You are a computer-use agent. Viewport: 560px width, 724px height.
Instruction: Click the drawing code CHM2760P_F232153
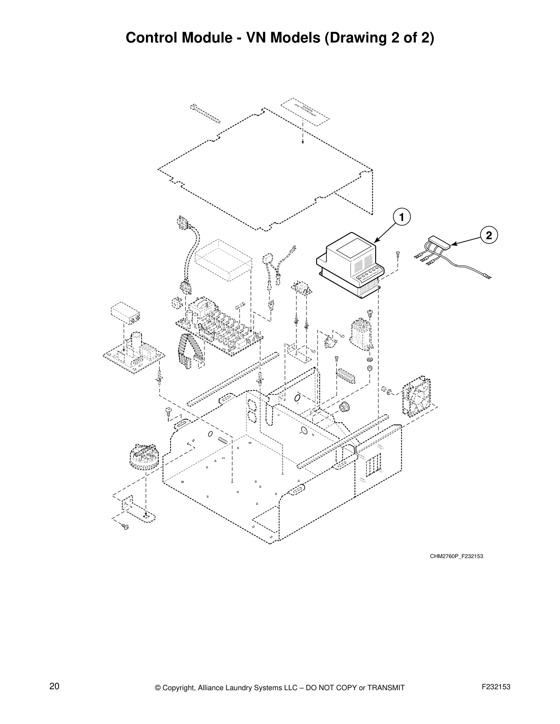click(456, 556)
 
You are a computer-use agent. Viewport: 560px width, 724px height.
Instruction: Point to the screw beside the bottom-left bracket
click(125, 527)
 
